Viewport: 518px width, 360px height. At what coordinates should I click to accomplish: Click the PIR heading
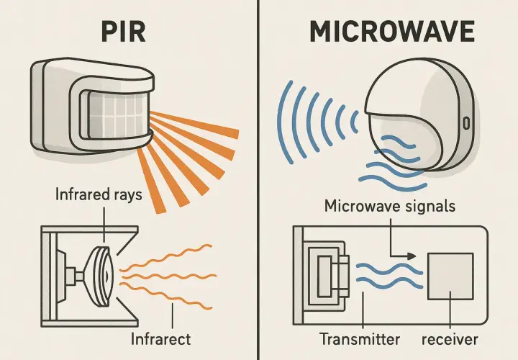123,32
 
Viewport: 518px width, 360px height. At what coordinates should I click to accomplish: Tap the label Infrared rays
99,194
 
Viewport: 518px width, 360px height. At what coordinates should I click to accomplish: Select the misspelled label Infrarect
160,339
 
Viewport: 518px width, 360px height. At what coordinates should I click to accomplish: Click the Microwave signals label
390,206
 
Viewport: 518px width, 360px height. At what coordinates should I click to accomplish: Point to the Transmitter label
360,339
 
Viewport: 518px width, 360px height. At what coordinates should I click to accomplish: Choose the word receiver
450,340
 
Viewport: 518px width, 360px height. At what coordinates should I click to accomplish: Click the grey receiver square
450,276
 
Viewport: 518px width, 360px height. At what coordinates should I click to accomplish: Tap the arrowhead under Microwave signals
412,256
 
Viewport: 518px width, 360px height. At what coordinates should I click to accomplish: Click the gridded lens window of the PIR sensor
117,115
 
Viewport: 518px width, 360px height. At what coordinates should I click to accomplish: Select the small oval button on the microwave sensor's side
466,122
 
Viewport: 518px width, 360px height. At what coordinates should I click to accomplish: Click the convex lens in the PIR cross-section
101,276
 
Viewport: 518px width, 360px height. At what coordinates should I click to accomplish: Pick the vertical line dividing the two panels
258,180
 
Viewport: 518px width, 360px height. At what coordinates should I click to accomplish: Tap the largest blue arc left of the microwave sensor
281,122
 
